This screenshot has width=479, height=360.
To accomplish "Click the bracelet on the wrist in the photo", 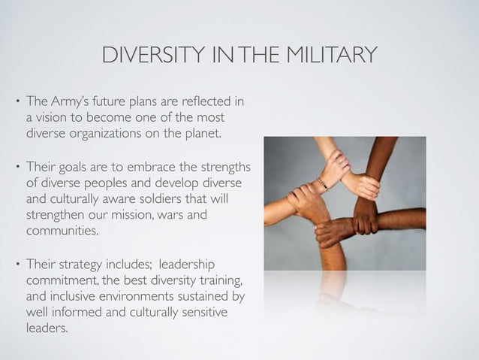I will pyautogui.click(x=322, y=183).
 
